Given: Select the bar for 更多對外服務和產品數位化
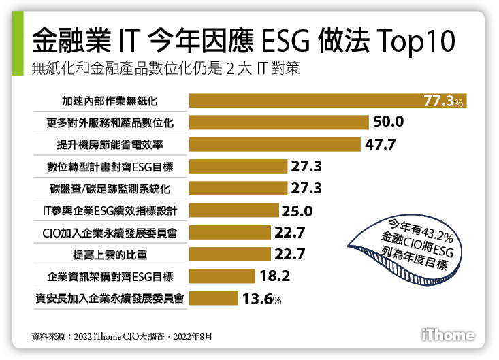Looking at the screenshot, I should point(278,122).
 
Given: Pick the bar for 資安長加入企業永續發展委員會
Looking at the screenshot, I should point(213,298).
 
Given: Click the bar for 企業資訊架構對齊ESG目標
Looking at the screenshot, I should point(221,276).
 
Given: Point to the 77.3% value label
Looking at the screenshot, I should point(443,101).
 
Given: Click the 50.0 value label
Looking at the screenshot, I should point(389,122).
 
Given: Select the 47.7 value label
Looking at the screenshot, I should point(380,144).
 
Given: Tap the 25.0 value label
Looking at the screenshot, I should point(297,210).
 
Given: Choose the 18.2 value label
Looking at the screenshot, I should point(275,276).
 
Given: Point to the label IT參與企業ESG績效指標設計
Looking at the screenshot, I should point(110,210).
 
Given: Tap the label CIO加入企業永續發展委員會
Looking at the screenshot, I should point(110,233).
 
